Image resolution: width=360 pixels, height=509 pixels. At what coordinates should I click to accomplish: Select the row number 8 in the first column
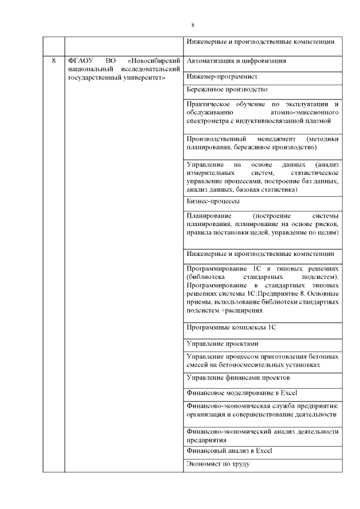pyautogui.click(x=53, y=60)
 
